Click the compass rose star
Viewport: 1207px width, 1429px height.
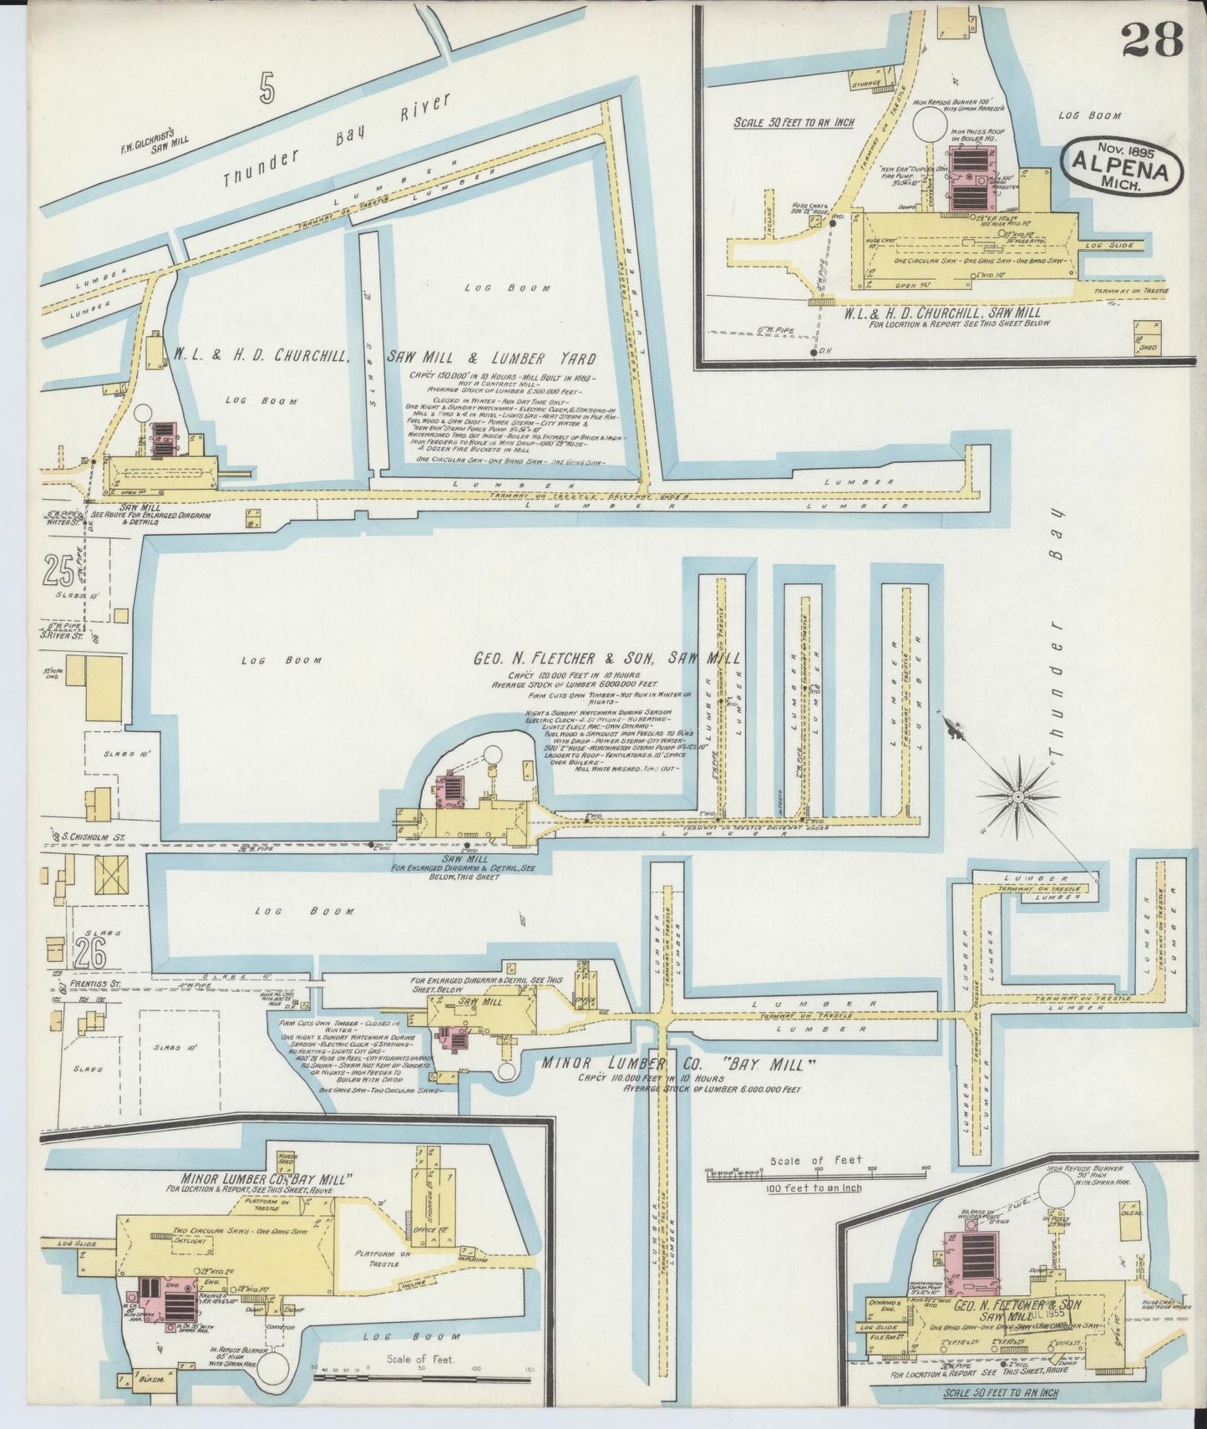pyautogui.click(x=1019, y=797)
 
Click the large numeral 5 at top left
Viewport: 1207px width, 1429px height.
pyautogui.click(x=267, y=88)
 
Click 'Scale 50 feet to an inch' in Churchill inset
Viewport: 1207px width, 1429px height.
pyautogui.click(x=794, y=121)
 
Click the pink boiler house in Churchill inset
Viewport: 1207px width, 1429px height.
pyautogui.click(x=967, y=180)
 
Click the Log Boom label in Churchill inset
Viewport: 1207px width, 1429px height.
pyautogui.click(x=1090, y=116)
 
